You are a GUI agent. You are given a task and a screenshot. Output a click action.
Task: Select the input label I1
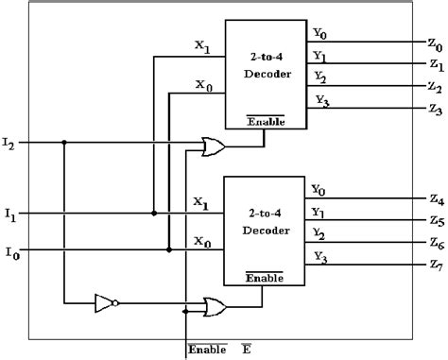tap(9, 217)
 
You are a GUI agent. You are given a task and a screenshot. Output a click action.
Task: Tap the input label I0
tap(9, 253)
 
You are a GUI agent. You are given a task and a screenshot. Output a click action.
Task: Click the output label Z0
tap(435, 45)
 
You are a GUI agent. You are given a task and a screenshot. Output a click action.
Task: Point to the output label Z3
tap(435, 111)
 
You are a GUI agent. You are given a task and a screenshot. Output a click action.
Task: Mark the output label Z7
tap(435, 267)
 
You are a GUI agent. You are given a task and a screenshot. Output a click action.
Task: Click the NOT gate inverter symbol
tap(105, 302)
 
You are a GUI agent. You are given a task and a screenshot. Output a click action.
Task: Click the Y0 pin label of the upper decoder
tap(320, 34)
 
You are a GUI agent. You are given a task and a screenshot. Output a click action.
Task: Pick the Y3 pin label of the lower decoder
tap(320, 256)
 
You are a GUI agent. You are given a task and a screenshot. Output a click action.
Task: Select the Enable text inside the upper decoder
tap(264, 121)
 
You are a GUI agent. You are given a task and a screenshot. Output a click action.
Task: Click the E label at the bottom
tap(246, 350)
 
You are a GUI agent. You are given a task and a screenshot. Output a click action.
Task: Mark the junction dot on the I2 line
tap(64, 143)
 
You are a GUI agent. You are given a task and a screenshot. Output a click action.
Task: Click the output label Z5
tap(435, 221)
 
